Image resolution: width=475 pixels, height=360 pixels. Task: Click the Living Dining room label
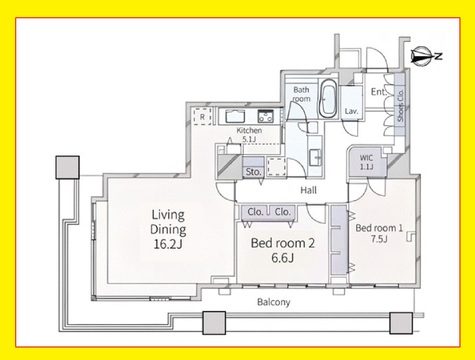(168, 222)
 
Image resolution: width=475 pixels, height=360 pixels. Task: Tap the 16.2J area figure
(168, 244)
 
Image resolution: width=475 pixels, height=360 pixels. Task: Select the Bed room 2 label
(283, 243)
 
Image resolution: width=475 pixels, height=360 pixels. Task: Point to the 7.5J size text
(379, 239)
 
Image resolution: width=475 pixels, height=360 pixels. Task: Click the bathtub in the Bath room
(328, 98)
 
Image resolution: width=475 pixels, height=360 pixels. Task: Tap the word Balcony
(274, 302)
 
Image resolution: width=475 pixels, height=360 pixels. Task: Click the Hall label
(308, 190)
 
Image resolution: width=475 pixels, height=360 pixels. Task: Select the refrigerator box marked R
(202, 116)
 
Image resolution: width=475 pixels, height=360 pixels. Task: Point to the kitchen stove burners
(266, 116)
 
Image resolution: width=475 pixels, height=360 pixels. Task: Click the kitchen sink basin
(235, 116)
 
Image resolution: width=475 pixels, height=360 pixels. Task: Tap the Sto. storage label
(253, 172)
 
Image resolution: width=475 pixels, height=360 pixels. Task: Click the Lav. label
(352, 111)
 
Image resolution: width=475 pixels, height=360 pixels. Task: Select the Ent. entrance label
(379, 92)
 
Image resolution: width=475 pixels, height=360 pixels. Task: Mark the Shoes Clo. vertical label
(400, 104)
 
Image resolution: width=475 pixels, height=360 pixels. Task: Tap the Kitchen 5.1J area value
(249, 139)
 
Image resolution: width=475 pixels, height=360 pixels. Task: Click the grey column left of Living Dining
(68, 167)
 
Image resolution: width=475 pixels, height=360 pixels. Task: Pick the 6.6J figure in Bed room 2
(282, 258)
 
